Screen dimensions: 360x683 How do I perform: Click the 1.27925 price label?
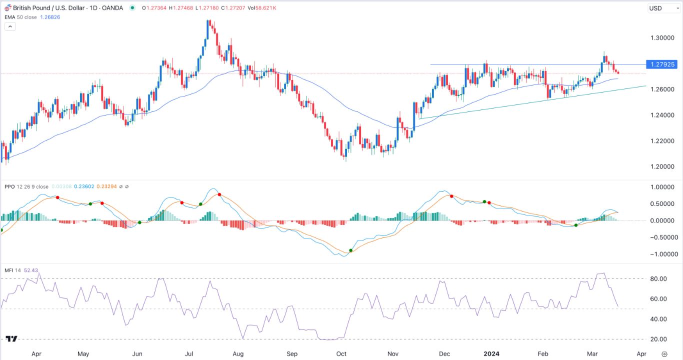(662, 64)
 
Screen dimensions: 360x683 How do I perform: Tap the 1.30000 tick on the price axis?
(662, 38)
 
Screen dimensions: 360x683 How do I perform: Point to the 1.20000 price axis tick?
(662, 166)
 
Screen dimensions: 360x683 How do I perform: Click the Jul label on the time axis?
(189, 353)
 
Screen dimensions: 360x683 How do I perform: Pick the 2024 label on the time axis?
(492, 353)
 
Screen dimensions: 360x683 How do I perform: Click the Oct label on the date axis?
(341, 353)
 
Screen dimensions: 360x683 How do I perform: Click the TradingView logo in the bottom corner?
(11, 338)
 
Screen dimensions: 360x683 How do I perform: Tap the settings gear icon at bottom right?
(664, 353)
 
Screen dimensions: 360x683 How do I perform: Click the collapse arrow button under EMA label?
(10, 26)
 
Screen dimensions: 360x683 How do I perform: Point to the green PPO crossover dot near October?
(351, 250)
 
